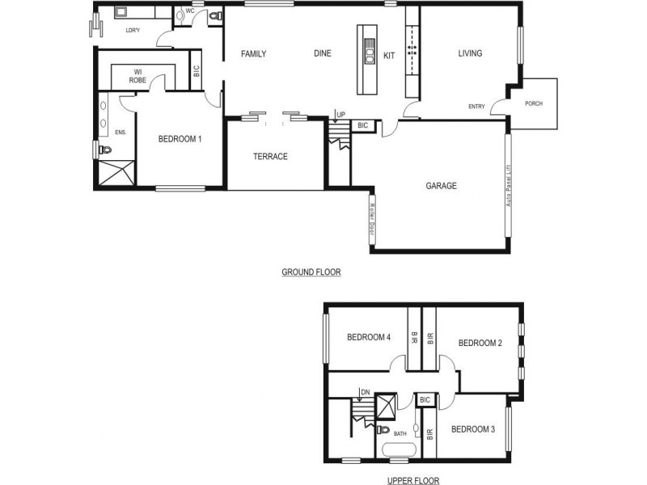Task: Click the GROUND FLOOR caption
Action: [x=311, y=272]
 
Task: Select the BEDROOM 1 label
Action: [x=180, y=139]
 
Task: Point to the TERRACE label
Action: [x=270, y=157]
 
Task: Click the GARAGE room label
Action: [x=441, y=186]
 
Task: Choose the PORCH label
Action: [x=534, y=103]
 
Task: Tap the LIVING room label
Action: [x=470, y=54]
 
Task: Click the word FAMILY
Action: [x=254, y=54]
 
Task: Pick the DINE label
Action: [x=323, y=54]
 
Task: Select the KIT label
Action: [x=389, y=55]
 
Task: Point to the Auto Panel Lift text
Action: [x=508, y=184]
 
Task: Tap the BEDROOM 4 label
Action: [x=369, y=337]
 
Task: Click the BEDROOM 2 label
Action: [x=480, y=343]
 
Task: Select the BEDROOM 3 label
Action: [x=473, y=429]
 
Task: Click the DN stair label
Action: [x=365, y=392]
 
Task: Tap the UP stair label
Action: [x=340, y=116]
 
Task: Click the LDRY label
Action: [x=133, y=31]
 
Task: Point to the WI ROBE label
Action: [x=138, y=76]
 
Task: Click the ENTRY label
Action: [x=476, y=107]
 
